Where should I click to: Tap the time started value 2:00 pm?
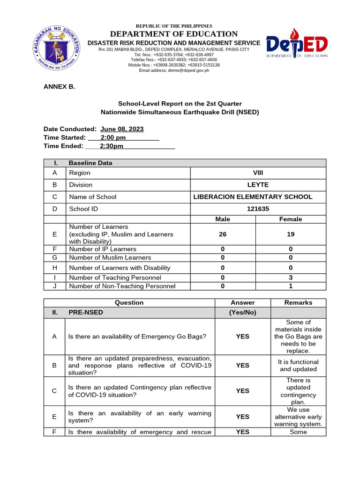tap(113, 137)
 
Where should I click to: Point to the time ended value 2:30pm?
tap(112, 146)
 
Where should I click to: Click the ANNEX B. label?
tap(59, 87)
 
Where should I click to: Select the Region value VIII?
tap(258, 172)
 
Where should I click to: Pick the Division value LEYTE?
tap(258, 185)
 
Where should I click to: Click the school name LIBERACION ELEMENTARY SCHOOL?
tap(253, 197)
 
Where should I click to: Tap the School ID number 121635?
tap(258, 209)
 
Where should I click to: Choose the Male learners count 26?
tap(223, 234)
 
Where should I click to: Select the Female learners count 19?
tap(291, 234)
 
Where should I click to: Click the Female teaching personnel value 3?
tap(291, 277)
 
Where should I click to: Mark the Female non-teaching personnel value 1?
tap(291, 286)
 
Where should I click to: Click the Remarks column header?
tap(298, 303)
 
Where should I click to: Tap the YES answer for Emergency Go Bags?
tap(242, 337)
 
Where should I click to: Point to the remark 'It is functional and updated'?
tap(299, 366)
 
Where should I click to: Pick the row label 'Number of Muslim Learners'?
tap(110, 257)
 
